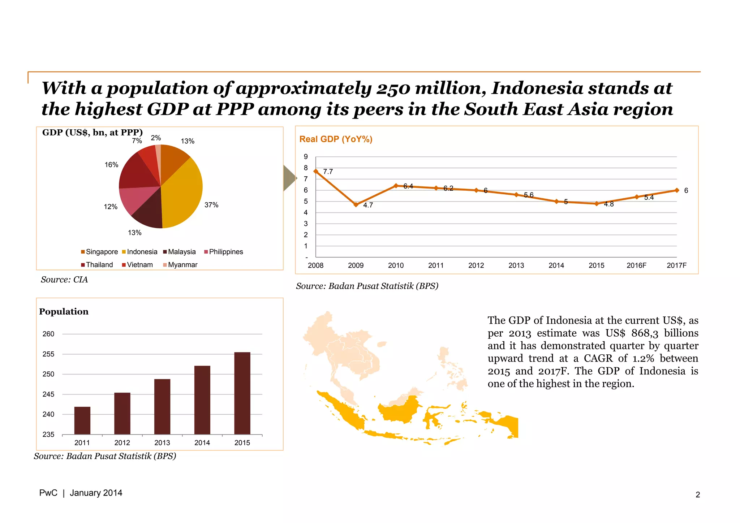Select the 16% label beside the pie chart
(x=111, y=165)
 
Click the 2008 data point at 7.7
(x=316, y=171)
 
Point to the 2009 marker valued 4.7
(x=356, y=204)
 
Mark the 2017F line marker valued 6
(x=677, y=190)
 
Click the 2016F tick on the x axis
(x=636, y=265)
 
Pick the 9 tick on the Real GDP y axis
(x=306, y=157)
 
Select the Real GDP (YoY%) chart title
(x=336, y=139)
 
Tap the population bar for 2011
(x=82, y=420)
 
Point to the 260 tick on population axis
(x=48, y=334)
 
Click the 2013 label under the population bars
(x=162, y=443)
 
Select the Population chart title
(x=64, y=311)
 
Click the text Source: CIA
(x=64, y=280)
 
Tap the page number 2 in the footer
(x=698, y=495)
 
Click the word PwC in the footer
(x=48, y=493)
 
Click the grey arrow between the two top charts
(x=289, y=178)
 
